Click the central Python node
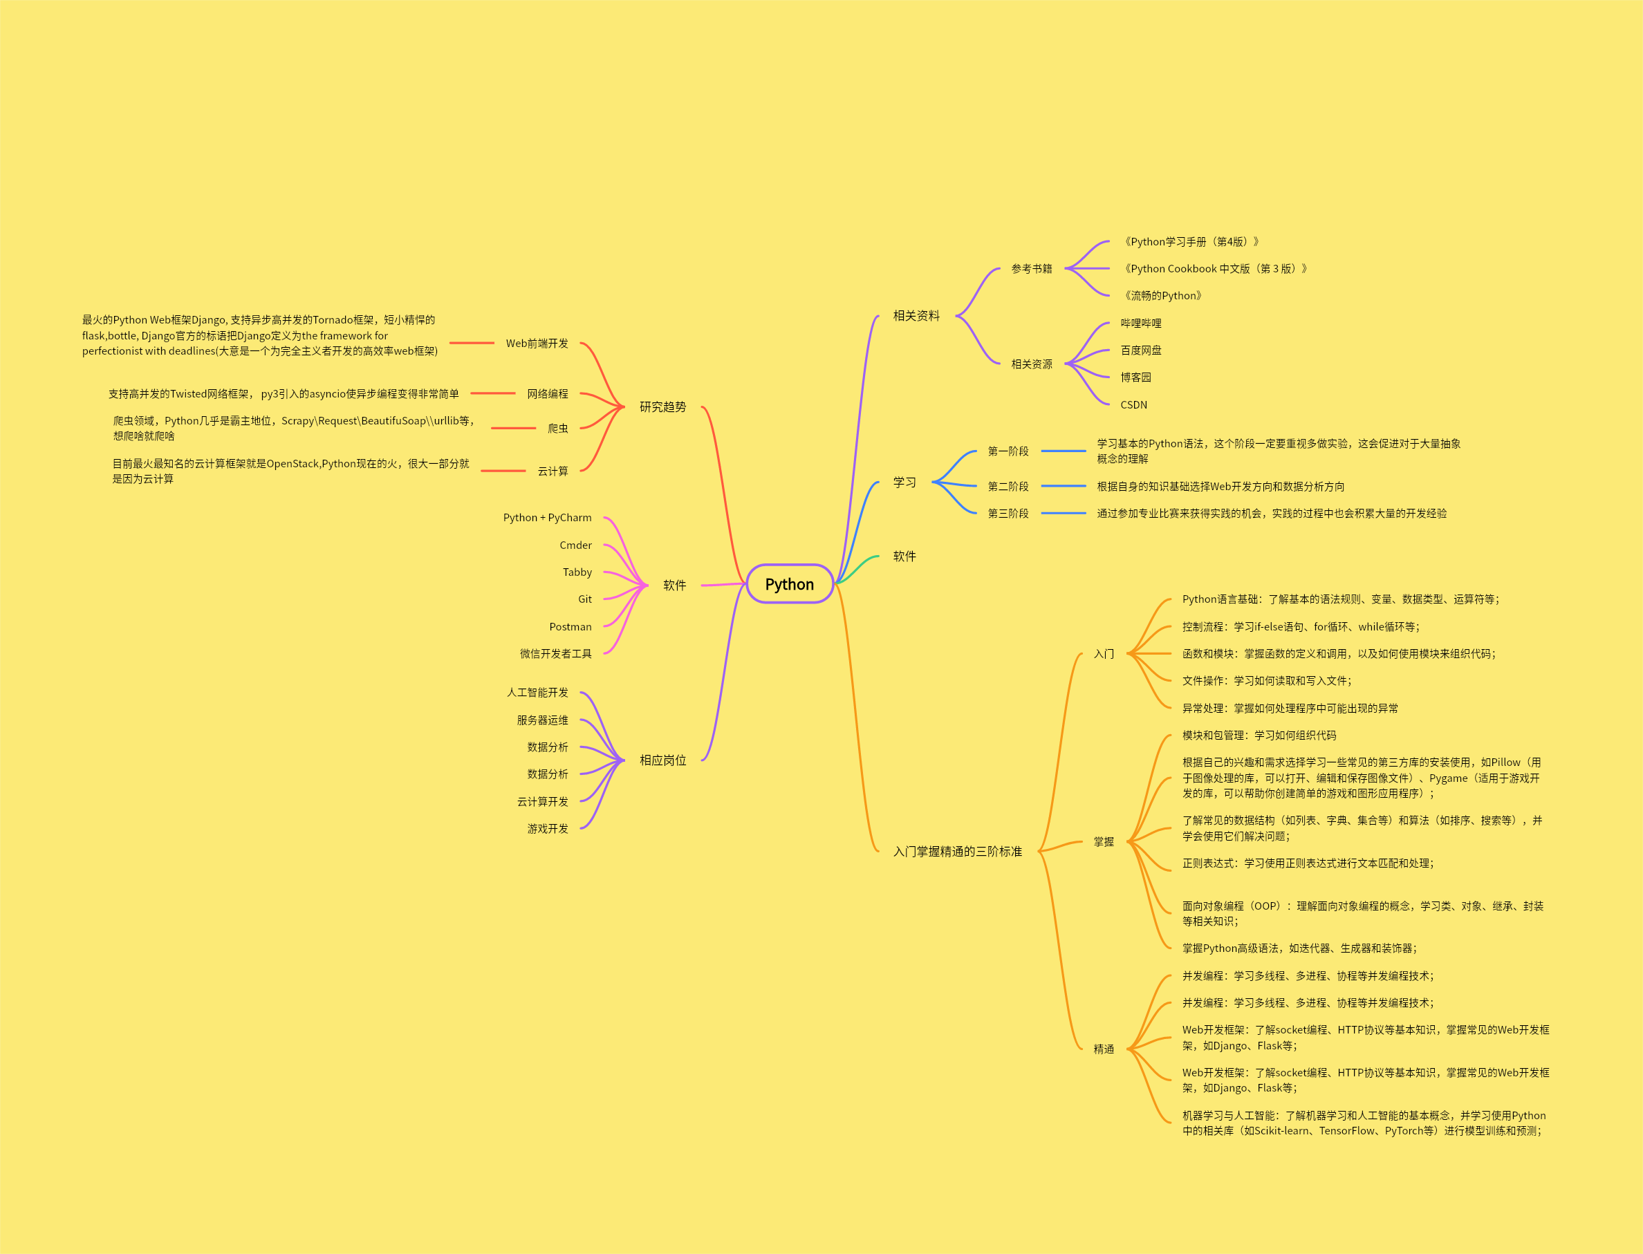tap(789, 583)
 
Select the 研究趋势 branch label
tap(662, 406)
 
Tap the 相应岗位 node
tap(662, 760)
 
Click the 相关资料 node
tap(916, 316)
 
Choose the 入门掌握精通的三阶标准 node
tap(957, 851)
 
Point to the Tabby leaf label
tap(577, 572)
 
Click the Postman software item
tap(570, 627)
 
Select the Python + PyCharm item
tap(547, 518)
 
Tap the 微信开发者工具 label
tap(555, 654)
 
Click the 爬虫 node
tap(557, 429)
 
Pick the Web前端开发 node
tap(537, 344)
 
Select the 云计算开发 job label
tap(543, 802)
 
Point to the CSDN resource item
tap(1133, 404)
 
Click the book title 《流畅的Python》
tap(1163, 296)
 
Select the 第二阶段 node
tap(1008, 487)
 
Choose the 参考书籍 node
tap(1032, 269)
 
